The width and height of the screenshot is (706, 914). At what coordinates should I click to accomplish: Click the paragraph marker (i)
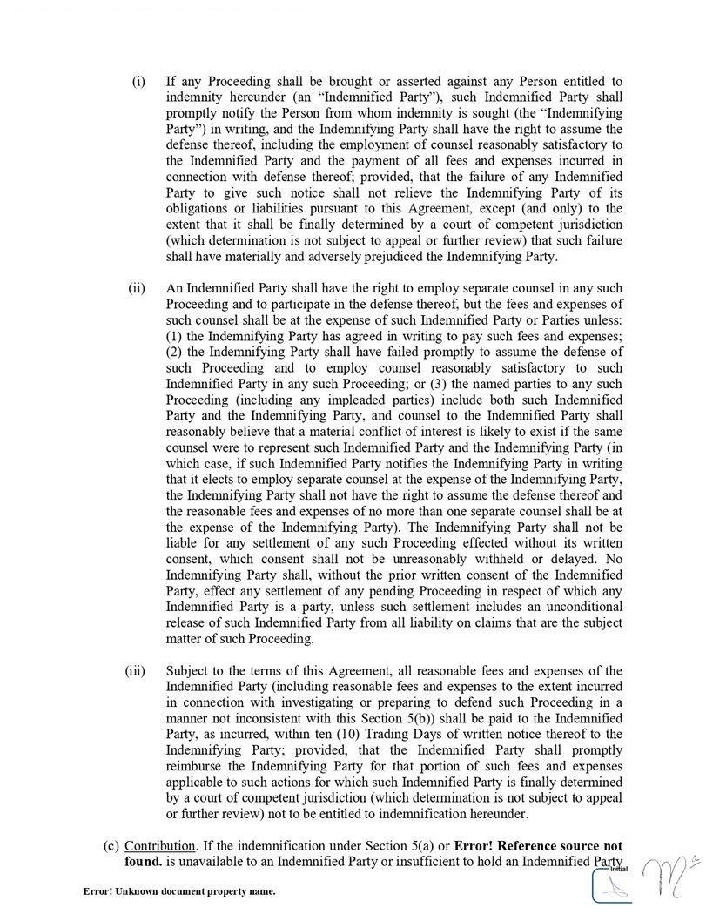pos(138,83)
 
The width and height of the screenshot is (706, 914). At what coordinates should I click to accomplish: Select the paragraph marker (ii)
pos(138,288)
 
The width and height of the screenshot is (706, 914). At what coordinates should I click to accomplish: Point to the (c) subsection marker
pos(111,846)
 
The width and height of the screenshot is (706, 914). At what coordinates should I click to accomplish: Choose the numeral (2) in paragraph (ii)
pos(173,352)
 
